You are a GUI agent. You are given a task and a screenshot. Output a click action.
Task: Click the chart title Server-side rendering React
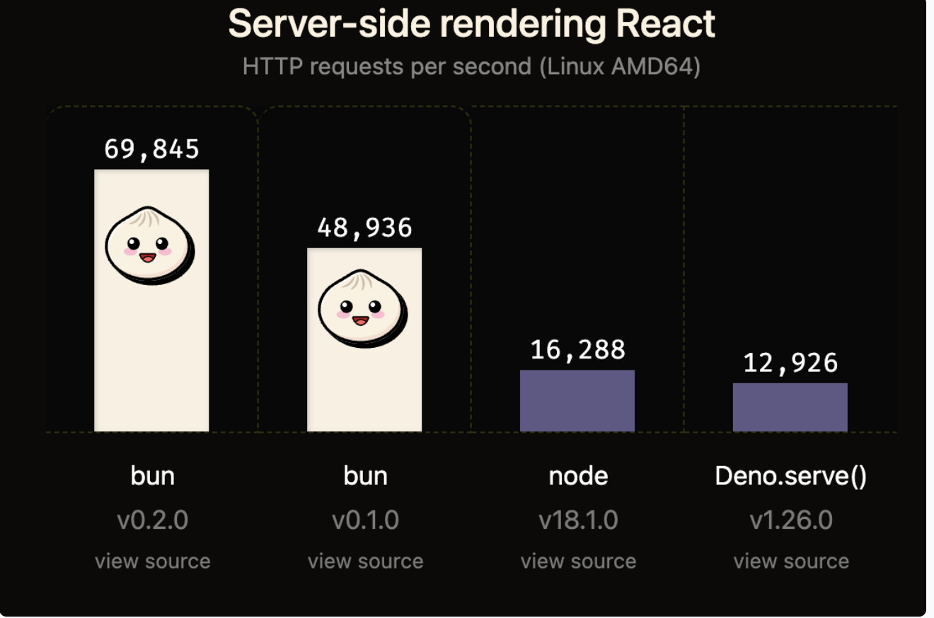pyautogui.click(x=471, y=25)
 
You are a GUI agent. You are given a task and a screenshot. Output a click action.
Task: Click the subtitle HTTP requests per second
pyautogui.click(x=471, y=66)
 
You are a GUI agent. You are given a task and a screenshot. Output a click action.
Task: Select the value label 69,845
pyautogui.click(x=151, y=149)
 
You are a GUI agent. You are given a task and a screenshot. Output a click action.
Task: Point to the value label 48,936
pyautogui.click(x=364, y=228)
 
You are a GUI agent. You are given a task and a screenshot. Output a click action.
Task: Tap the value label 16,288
pyautogui.click(x=577, y=349)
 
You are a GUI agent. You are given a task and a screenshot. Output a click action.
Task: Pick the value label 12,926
pyautogui.click(x=790, y=363)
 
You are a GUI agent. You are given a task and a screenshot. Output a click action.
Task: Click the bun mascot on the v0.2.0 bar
pyautogui.click(x=150, y=245)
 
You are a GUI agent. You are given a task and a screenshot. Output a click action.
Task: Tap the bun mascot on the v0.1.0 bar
pyautogui.click(x=362, y=308)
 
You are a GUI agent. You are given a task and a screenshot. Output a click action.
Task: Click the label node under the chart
pyautogui.click(x=578, y=476)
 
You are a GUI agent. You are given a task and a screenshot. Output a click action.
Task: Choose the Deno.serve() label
pyautogui.click(x=790, y=476)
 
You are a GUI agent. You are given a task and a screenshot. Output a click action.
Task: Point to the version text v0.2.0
pyautogui.click(x=152, y=520)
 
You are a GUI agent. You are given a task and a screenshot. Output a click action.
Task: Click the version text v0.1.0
pyautogui.click(x=365, y=520)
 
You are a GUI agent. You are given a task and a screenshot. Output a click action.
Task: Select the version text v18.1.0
pyautogui.click(x=578, y=520)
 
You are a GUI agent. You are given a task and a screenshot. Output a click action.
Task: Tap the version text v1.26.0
pyautogui.click(x=791, y=520)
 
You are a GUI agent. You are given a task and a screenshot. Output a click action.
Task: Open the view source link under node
pyautogui.click(x=578, y=561)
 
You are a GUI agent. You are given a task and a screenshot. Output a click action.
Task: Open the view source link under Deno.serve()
pyautogui.click(x=791, y=561)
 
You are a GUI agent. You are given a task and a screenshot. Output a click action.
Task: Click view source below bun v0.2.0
pyautogui.click(x=152, y=561)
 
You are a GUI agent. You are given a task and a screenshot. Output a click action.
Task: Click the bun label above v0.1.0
pyautogui.click(x=365, y=476)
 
